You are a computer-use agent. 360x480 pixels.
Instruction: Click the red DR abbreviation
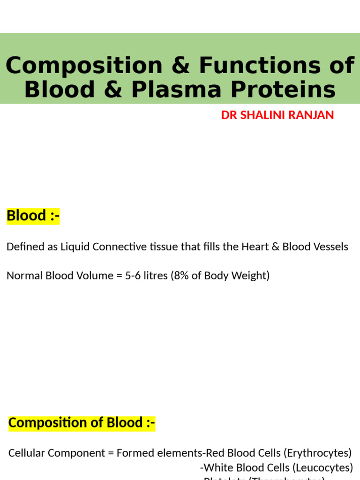coord(229,115)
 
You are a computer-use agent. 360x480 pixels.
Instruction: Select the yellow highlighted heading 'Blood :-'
coord(33,216)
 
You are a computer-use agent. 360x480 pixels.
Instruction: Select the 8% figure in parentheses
coord(180,276)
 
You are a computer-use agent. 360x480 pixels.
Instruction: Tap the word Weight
coord(252,276)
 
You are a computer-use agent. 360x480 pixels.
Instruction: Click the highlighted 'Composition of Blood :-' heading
coord(82,423)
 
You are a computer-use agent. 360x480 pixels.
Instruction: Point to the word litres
coord(156,276)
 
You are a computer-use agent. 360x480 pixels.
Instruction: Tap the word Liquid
coord(75,247)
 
